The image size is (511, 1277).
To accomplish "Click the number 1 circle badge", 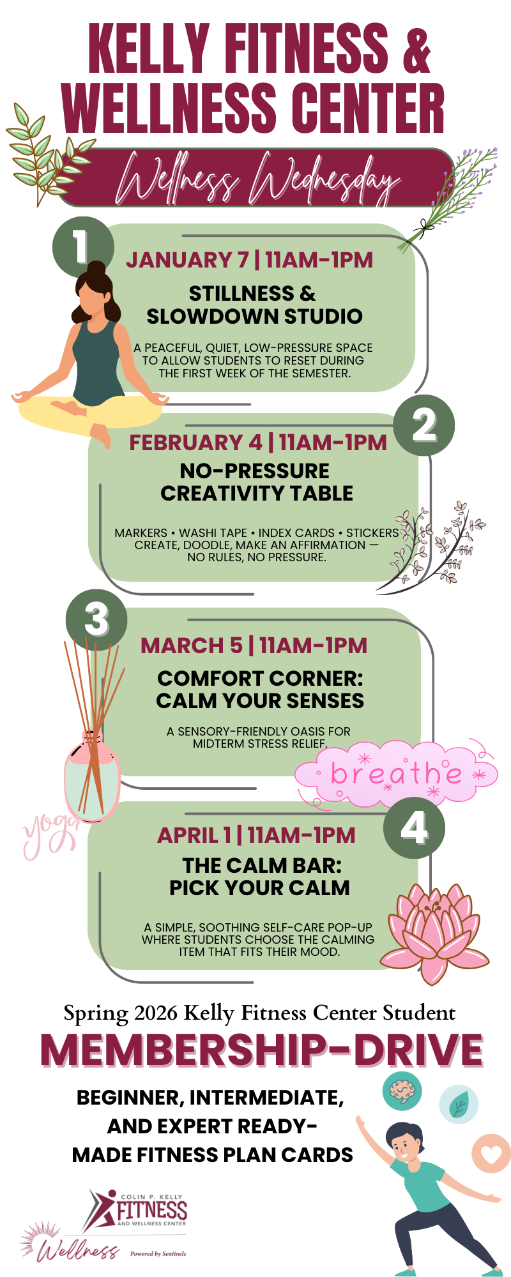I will [82, 247].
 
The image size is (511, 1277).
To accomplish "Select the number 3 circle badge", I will [96, 619].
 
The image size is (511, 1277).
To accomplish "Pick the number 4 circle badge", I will [414, 828].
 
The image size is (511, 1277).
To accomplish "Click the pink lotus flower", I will [434, 932].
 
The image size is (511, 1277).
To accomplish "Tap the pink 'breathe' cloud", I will [396, 773].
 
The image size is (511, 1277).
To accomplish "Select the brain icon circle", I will [402, 1091].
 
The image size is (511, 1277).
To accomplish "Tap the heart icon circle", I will [491, 1153].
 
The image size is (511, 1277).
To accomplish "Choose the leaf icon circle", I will [458, 1104].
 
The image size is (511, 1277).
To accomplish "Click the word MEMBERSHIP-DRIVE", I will [261, 1050].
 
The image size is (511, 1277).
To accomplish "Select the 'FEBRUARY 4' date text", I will [195, 442].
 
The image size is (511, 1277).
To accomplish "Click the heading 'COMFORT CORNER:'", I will [260, 678].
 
